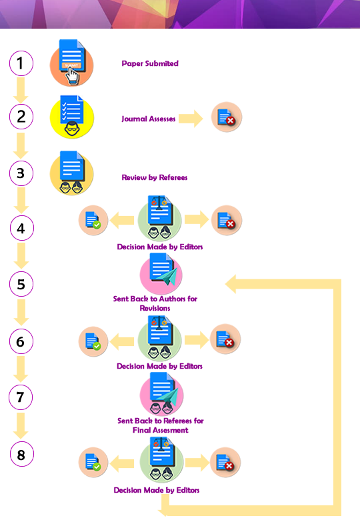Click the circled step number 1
[21, 63]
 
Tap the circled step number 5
[21, 284]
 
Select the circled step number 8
[21, 455]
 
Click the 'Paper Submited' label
[150, 63]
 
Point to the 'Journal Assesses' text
[148, 119]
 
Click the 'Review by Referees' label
[155, 177]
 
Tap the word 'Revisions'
[155, 308]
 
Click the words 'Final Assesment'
[161, 430]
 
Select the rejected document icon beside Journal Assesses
[227, 117]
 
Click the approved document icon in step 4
[93, 220]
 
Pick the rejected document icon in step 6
[225, 339]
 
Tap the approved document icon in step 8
[93, 462]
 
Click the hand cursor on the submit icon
[72, 75]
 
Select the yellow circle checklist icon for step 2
[72, 117]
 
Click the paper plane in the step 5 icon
[169, 276]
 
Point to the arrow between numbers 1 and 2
[21, 90]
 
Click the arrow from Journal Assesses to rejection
[191, 119]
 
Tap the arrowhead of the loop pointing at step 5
[231, 284]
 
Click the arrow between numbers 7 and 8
[21, 426]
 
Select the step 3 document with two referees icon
[71, 173]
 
